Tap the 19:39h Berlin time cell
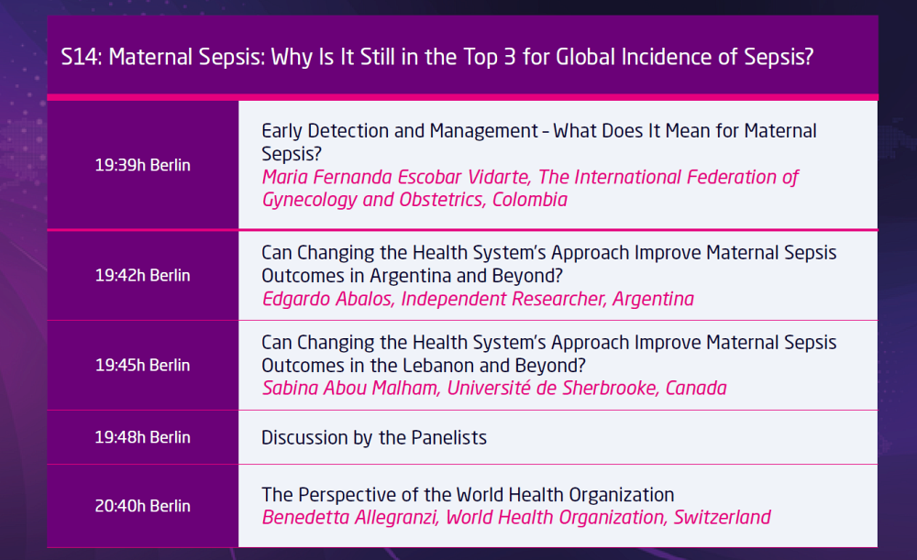(143, 165)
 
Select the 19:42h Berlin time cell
(143, 275)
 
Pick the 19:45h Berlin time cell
(143, 366)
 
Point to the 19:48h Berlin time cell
(143, 437)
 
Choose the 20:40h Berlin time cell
(143, 506)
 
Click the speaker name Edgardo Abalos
(327, 299)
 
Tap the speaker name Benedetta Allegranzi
(349, 517)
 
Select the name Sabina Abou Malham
(350, 388)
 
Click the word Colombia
(530, 200)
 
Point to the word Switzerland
(723, 517)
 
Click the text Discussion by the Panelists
(374, 438)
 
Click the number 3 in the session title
(509, 58)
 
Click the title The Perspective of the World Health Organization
(468, 495)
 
